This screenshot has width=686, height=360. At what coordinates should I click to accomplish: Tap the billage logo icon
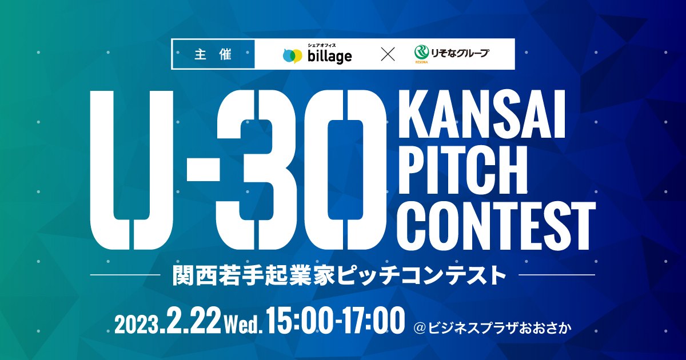pyautogui.click(x=292, y=56)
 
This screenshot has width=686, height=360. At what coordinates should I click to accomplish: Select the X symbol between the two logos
pyautogui.click(x=388, y=54)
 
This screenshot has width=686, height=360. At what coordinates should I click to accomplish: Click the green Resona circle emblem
pyautogui.click(x=422, y=53)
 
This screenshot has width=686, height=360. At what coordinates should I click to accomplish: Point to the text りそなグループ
pyautogui.click(x=460, y=53)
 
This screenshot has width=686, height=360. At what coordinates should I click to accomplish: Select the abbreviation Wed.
pyautogui.click(x=243, y=325)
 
